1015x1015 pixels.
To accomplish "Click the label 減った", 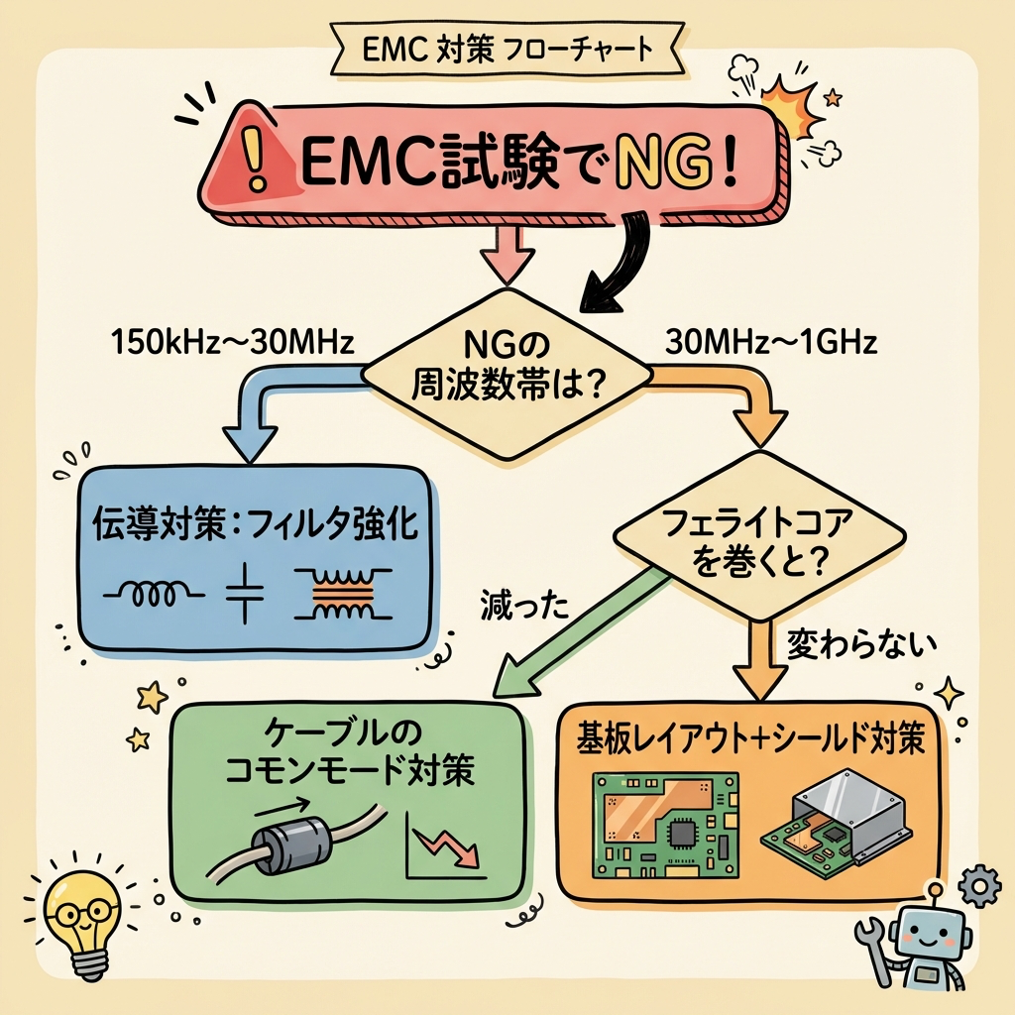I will tap(523, 604).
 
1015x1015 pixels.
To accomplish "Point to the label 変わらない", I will tap(861, 645).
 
